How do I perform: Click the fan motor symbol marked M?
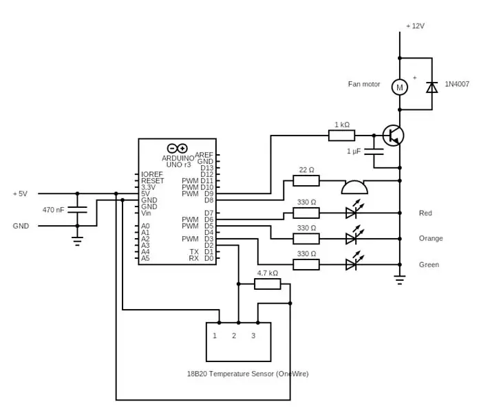[399, 87]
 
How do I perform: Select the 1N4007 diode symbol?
[432, 87]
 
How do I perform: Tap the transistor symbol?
[394, 136]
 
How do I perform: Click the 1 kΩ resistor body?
[341, 136]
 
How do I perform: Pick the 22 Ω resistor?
[306, 181]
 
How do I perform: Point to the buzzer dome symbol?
[354, 187]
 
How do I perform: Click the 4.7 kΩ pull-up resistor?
[268, 284]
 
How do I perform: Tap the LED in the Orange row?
[353, 236]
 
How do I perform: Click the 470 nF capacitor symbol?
[77, 210]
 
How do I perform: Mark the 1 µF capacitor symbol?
[374, 151]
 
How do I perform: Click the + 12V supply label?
[415, 26]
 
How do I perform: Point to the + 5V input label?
[20, 194]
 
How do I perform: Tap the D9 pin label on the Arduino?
[209, 194]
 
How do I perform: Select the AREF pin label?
[204, 155]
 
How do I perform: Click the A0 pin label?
[145, 226]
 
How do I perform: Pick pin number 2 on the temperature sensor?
[234, 336]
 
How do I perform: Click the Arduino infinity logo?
[177, 148]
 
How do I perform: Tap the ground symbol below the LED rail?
[399, 280]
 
